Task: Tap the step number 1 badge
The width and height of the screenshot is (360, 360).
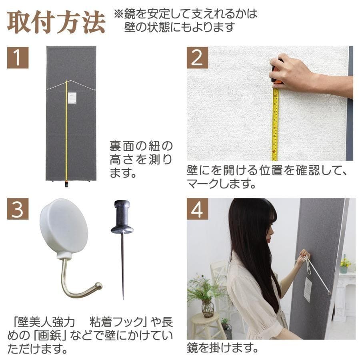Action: click(x=18, y=57)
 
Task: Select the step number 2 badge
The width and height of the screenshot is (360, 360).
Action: click(x=197, y=57)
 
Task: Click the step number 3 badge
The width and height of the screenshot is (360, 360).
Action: click(x=18, y=209)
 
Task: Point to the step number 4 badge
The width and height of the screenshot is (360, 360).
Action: click(x=197, y=209)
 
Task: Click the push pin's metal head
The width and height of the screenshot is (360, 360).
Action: click(x=122, y=218)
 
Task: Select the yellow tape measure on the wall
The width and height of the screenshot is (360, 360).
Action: click(x=275, y=124)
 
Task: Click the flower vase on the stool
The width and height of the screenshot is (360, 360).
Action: click(x=208, y=308)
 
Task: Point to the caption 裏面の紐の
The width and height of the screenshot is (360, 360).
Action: click(x=141, y=145)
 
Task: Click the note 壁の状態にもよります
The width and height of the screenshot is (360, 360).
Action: click(x=179, y=28)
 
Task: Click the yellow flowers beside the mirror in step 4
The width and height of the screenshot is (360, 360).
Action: click(x=345, y=262)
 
